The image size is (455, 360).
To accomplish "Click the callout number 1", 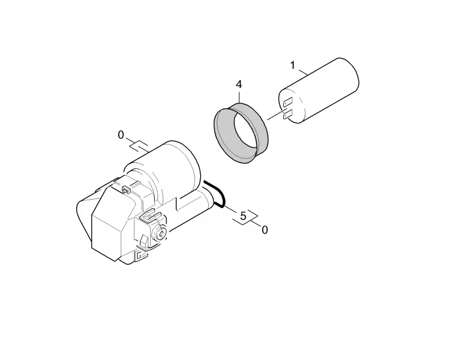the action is coord(293,65).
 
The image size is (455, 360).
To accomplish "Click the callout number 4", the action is coord(239,84).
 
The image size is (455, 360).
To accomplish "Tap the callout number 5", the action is coord(243,216).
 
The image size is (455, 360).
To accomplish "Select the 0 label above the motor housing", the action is coord(121,135).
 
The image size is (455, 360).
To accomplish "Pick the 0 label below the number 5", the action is coord(264,230).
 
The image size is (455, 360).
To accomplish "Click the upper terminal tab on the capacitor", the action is coord(288,102).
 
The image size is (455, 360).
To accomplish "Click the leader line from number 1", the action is coord(303,72).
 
